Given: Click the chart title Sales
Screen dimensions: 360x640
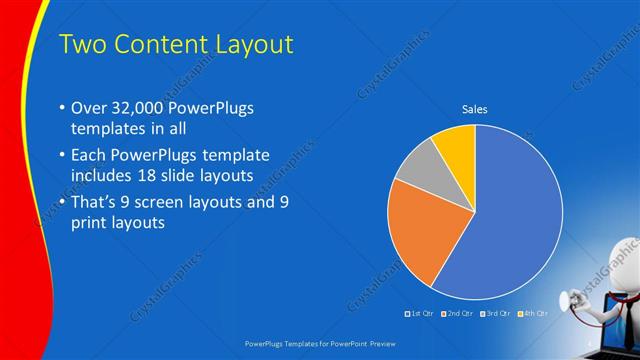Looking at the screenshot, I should [474, 109].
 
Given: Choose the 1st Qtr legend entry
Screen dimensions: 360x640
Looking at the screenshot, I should [420, 313].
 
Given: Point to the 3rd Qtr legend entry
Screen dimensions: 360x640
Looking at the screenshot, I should [495, 313].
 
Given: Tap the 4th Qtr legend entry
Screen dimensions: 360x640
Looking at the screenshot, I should [532, 313].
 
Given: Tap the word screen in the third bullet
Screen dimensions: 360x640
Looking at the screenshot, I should [156, 203].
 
